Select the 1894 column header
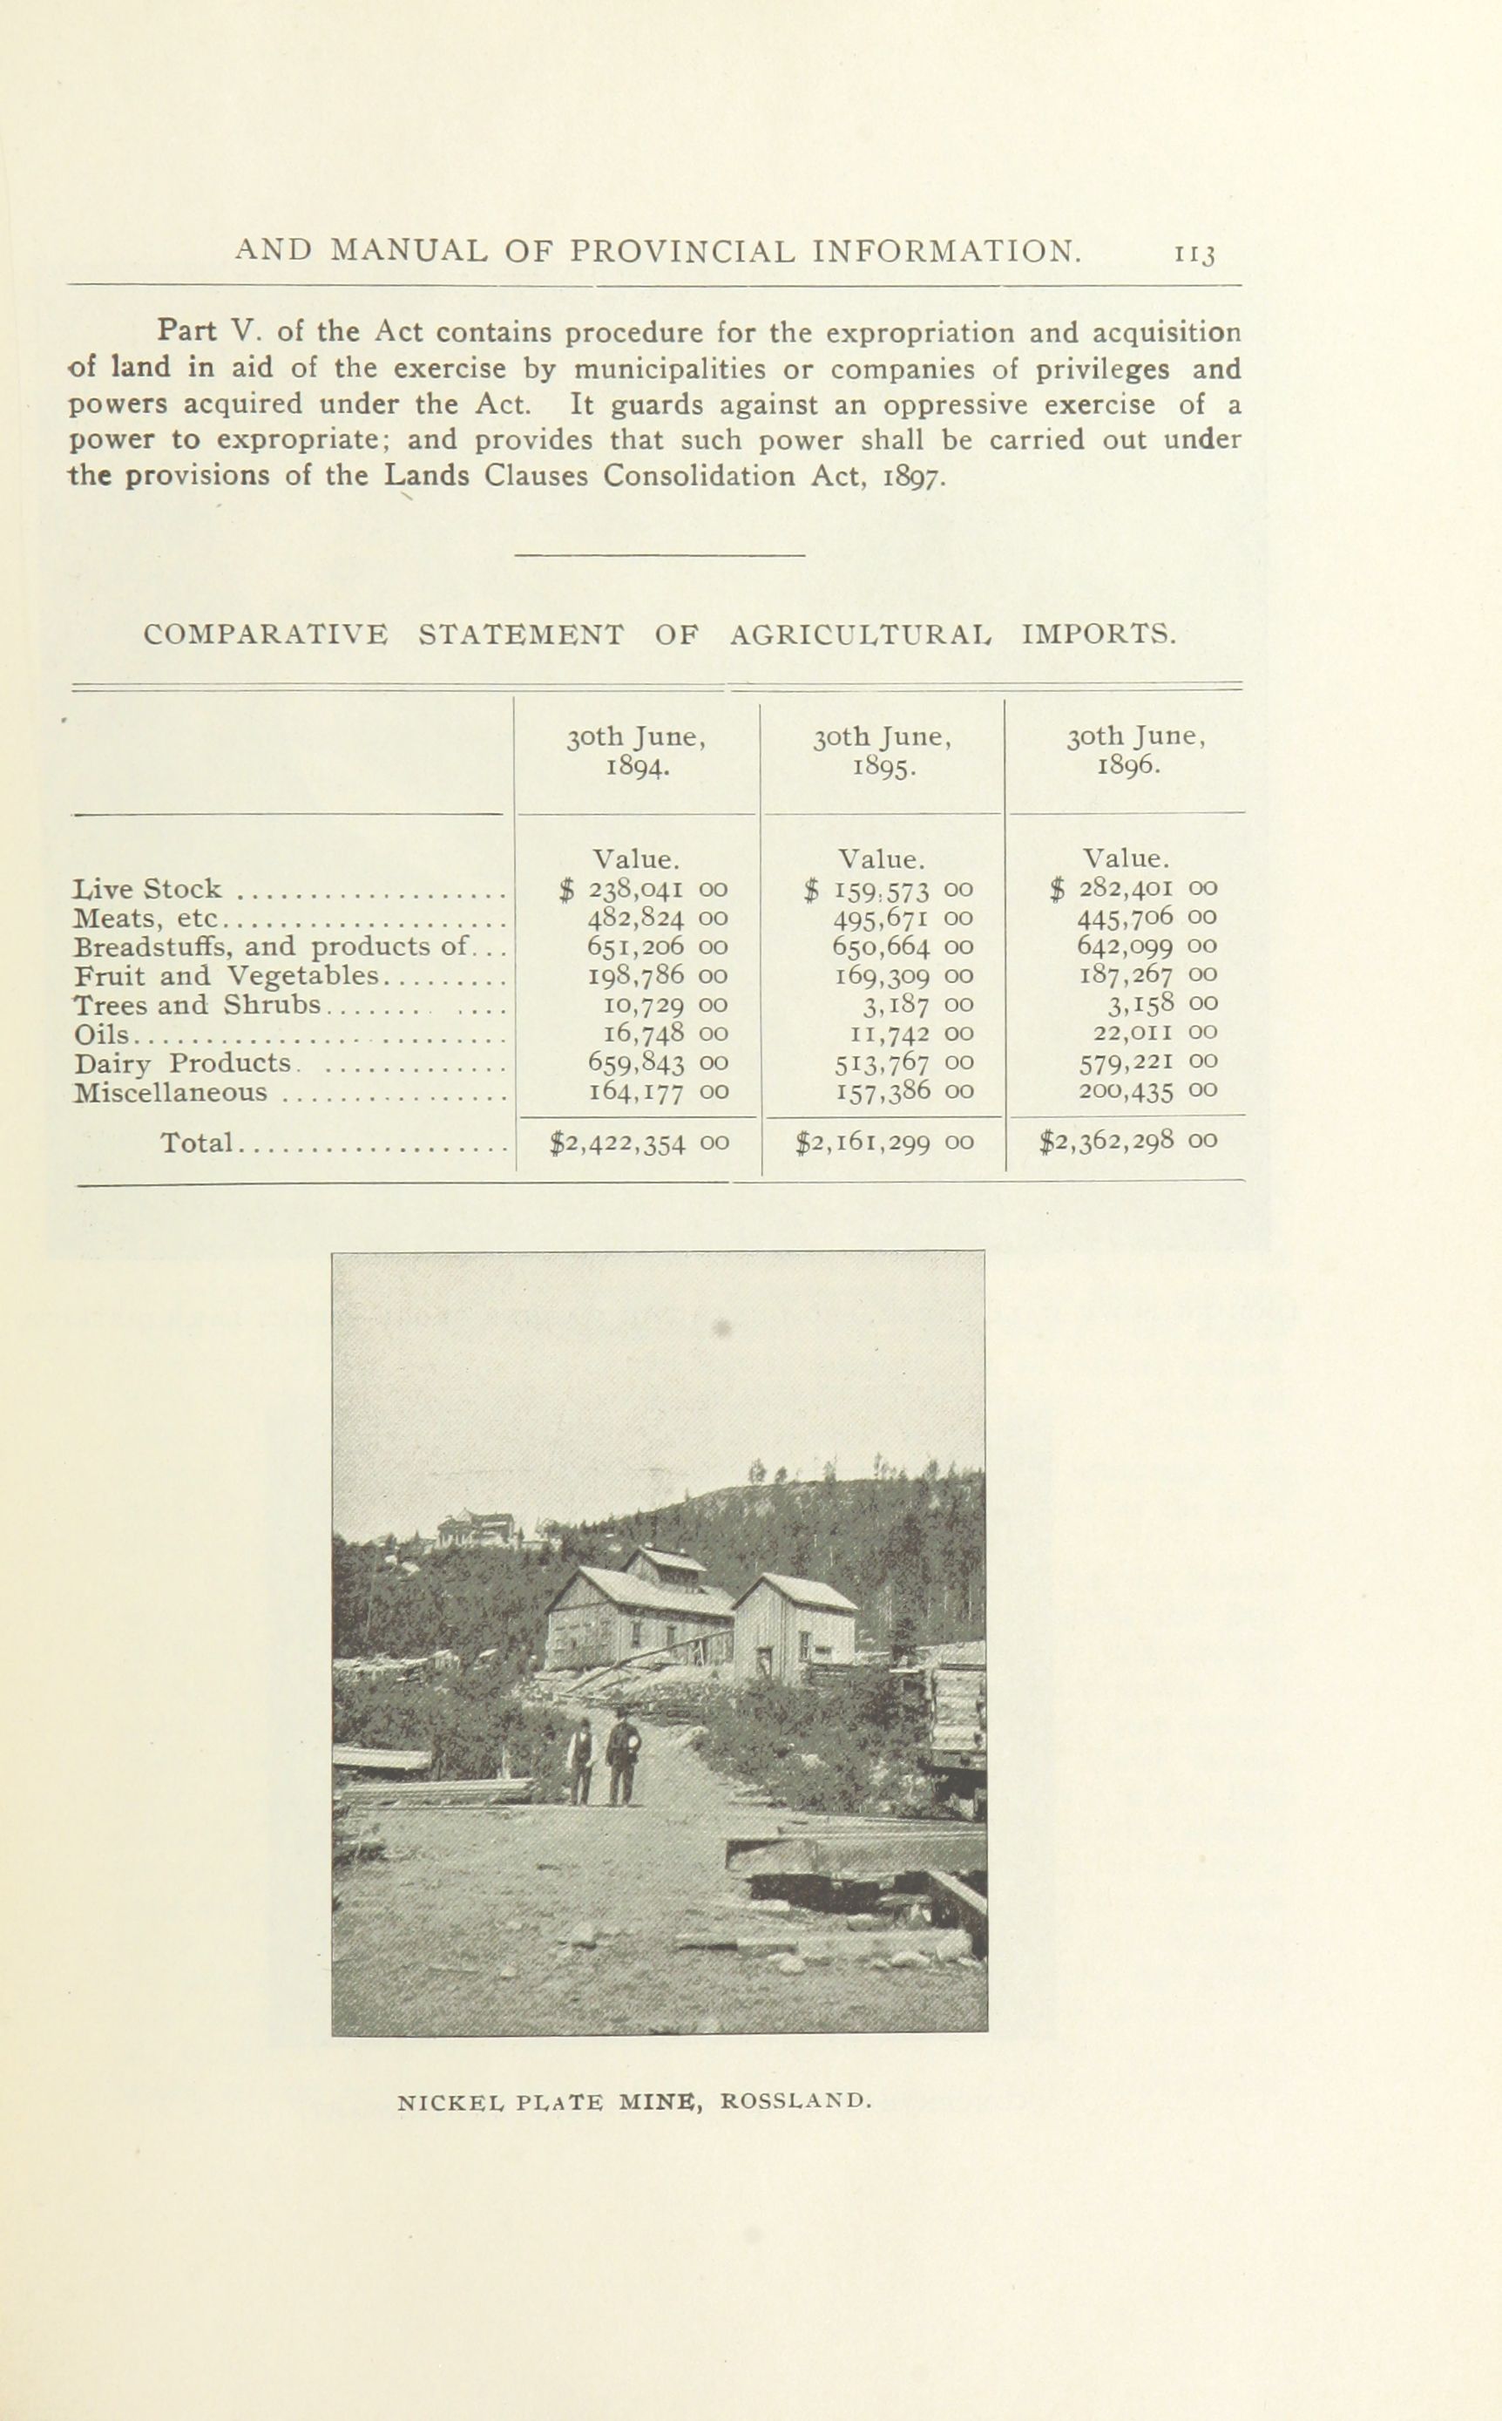click(x=636, y=752)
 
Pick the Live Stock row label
click(x=148, y=888)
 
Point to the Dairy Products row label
click(x=183, y=1063)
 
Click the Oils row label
click(x=101, y=1034)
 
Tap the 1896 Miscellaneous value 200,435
click(x=1126, y=1092)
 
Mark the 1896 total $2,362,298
click(x=1106, y=1141)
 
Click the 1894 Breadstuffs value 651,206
click(x=636, y=946)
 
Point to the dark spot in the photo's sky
click(x=724, y=1326)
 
